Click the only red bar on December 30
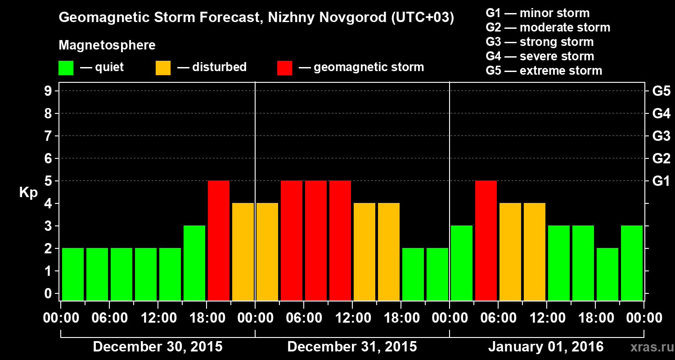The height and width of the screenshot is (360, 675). tap(219, 240)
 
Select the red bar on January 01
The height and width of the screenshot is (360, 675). tap(486, 240)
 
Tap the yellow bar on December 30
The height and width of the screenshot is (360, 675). tap(243, 252)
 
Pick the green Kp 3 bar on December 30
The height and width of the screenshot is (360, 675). tap(194, 263)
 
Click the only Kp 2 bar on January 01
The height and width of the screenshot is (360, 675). tap(607, 274)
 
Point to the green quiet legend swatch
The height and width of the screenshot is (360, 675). tap(66, 67)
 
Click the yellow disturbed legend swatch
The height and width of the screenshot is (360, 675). tap(163, 67)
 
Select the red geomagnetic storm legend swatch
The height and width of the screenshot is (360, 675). tap(284, 67)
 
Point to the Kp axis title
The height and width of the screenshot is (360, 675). tap(28, 193)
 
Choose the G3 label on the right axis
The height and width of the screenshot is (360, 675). tap(661, 136)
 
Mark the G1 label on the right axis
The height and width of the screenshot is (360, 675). tap(661, 181)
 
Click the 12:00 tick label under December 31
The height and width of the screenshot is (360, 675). tap(353, 318)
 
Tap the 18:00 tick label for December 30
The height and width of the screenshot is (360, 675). tap(207, 318)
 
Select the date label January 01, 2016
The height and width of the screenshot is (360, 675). tap(545, 347)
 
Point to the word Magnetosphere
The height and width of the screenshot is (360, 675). tap(107, 45)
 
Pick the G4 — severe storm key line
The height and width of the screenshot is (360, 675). tap(540, 56)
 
